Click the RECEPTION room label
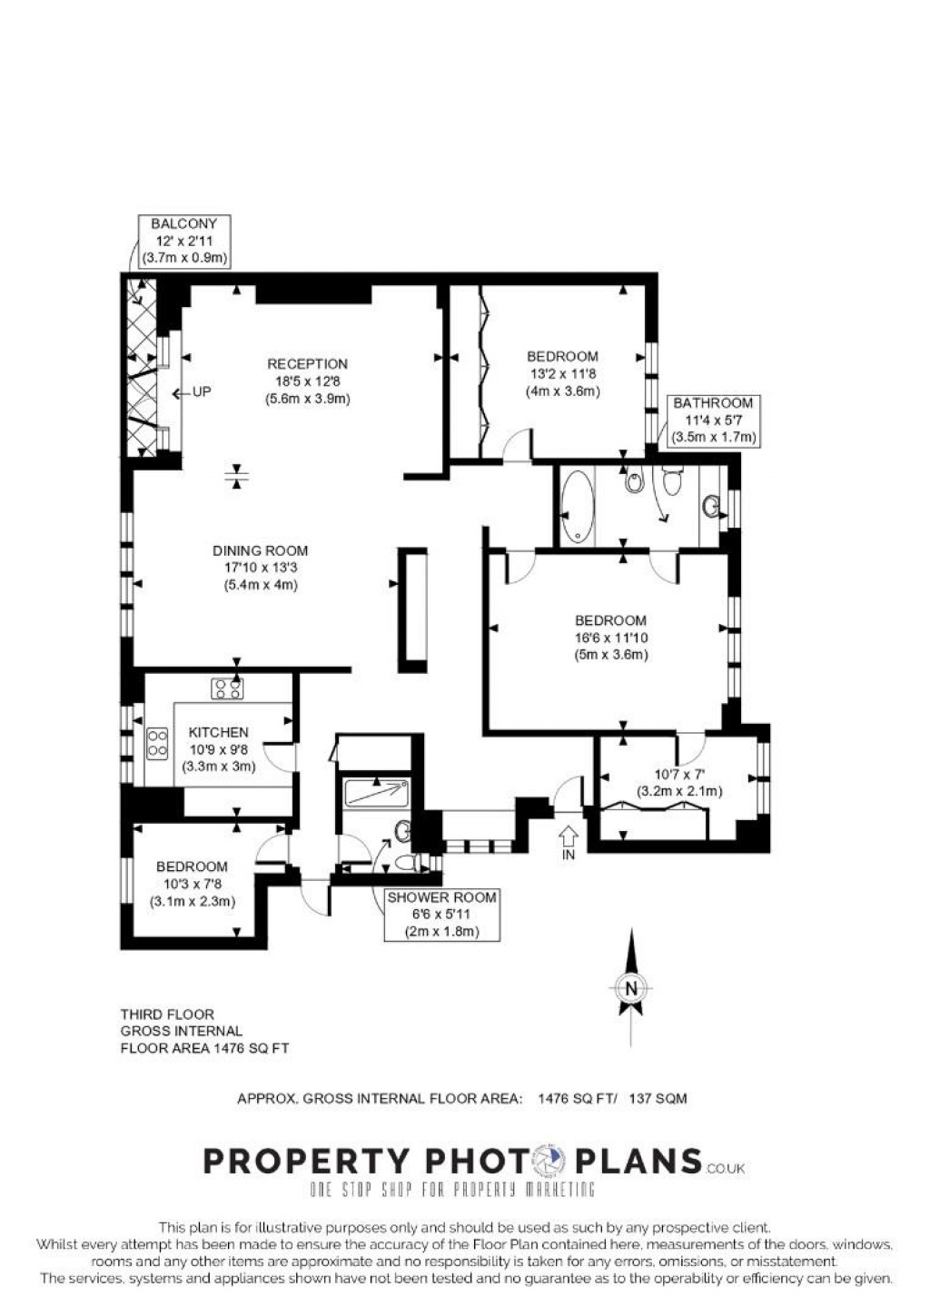[307, 364]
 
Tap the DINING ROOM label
[261, 550]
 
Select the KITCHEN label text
[218, 732]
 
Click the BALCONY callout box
[183, 241]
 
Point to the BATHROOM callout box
[713, 421]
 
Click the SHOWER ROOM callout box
[441, 914]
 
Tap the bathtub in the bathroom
[578, 506]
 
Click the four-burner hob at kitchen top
[227, 689]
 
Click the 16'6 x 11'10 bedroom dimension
[611, 638]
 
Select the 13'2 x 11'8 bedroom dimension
[562, 373]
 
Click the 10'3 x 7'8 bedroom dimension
[192, 884]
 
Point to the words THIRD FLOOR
[168, 1014]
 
